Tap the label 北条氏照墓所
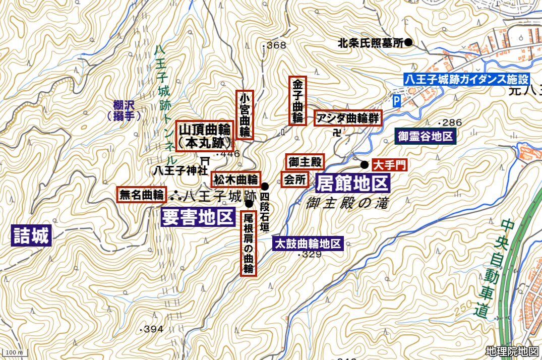coord(371,43)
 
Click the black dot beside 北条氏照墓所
coord(409,43)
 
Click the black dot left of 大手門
coord(364,164)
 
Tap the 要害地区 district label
coord(198,217)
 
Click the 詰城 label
coord(31,236)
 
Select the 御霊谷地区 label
coord(426,136)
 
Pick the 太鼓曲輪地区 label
coord(308,244)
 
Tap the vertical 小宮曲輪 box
coord(245,114)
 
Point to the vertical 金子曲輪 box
coord(297,100)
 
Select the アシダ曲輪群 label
coord(348,118)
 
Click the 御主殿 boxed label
coord(305,162)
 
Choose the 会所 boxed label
coord(295,180)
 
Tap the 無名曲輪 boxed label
coord(142,195)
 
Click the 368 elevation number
coord(276,45)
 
